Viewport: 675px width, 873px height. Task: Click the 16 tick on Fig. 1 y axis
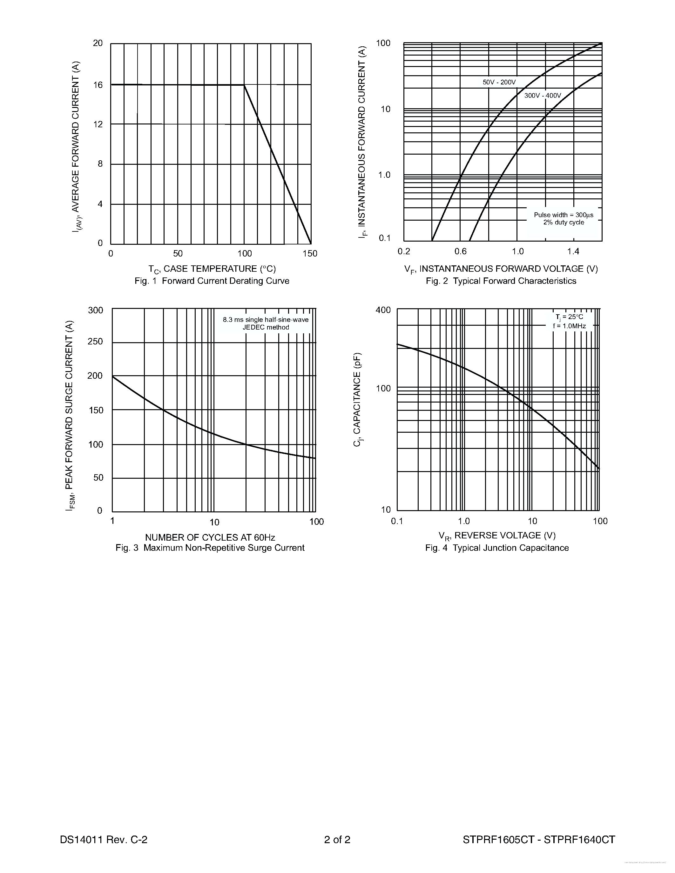coord(98,85)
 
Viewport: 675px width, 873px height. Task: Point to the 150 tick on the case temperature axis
coord(310,253)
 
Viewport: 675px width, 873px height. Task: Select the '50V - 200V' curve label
coord(499,82)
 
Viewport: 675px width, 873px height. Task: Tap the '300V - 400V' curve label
coord(543,96)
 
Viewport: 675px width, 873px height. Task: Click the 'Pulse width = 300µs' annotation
coord(564,215)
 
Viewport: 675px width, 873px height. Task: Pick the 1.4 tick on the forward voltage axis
coord(573,251)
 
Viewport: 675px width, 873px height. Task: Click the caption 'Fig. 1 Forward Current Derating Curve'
coord(212,281)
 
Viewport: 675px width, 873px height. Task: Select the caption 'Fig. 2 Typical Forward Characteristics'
coord(501,281)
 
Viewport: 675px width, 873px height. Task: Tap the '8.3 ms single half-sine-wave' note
coord(266,320)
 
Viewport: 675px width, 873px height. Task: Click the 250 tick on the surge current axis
coord(95,341)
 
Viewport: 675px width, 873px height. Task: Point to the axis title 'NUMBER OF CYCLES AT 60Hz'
coord(210,537)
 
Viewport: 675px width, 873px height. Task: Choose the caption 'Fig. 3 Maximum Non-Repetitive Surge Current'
coord(210,548)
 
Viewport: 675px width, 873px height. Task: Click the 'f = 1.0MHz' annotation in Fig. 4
coord(570,326)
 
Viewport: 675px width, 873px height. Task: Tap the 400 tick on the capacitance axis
coord(383,310)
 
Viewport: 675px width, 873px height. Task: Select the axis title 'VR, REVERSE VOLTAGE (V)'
coord(497,536)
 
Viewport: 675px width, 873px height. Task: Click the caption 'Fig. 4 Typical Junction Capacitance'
coord(497,548)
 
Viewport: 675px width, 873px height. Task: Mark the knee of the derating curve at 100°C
coord(244,85)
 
